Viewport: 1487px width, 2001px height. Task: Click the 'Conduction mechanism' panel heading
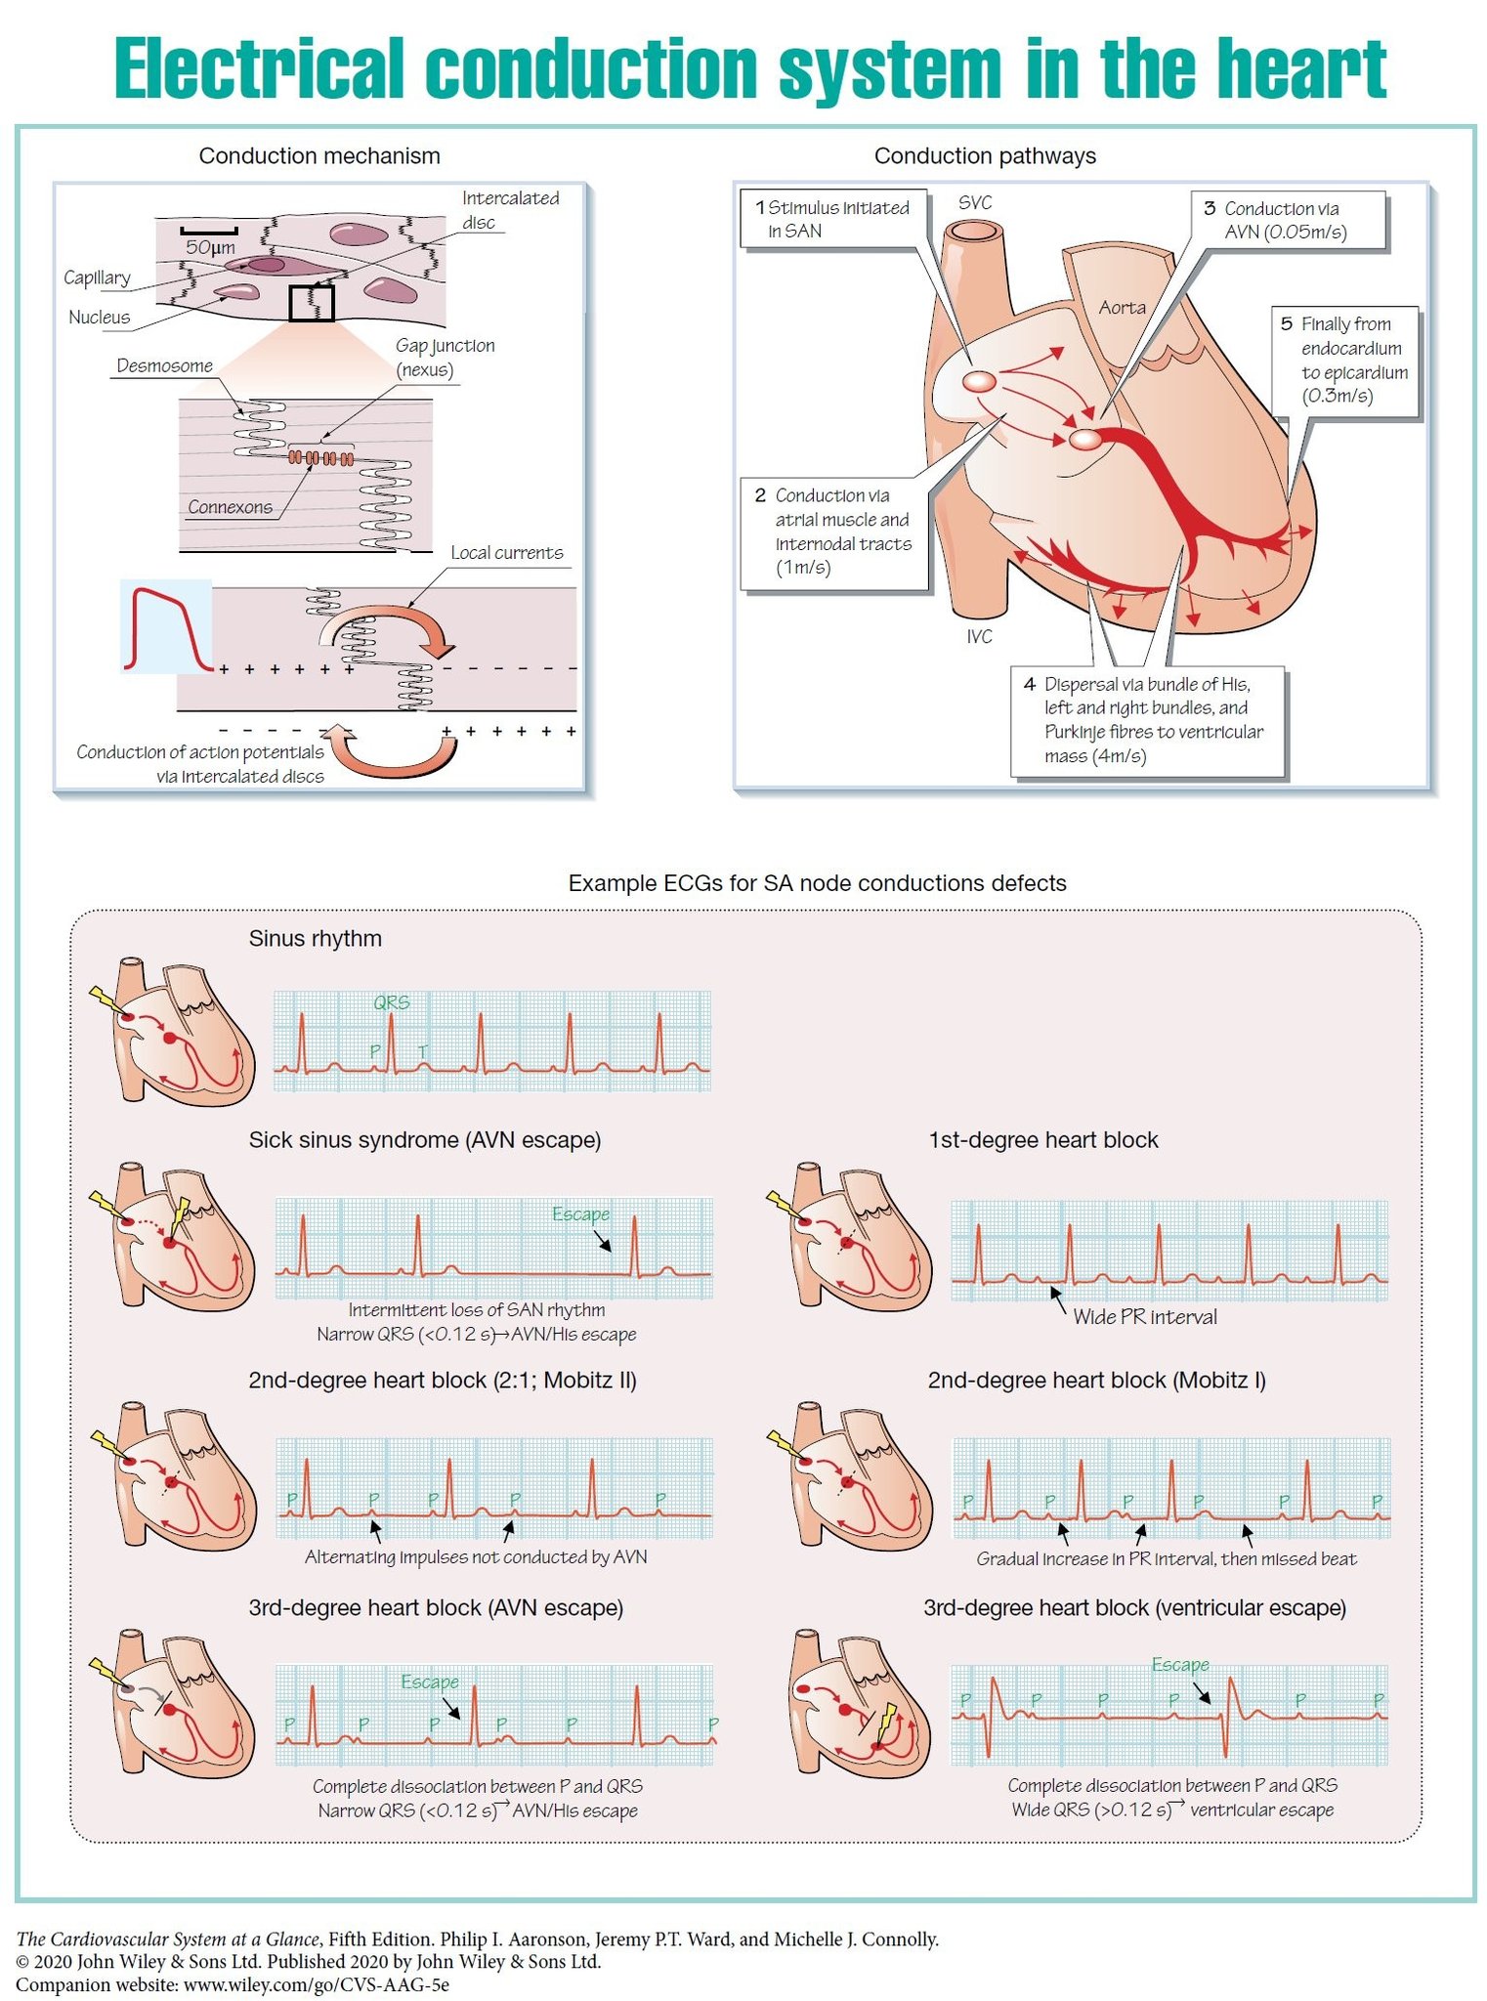(x=319, y=156)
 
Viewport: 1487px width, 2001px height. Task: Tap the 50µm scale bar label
(x=210, y=248)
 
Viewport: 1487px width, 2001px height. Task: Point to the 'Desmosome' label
(x=164, y=365)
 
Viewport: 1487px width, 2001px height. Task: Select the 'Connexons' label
(x=230, y=507)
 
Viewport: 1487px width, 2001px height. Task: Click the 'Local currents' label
(x=507, y=553)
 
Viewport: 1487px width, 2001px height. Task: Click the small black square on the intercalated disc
(x=312, y=303)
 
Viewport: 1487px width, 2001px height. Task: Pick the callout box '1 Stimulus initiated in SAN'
(x=833, y=219)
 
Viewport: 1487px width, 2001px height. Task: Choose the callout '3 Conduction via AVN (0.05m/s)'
(x=1288, y=220)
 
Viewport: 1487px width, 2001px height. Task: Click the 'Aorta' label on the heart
(x=1122, y=308)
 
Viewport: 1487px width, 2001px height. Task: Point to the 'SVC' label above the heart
(x=974, y=202)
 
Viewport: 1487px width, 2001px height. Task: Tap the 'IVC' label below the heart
(x=979, y=637)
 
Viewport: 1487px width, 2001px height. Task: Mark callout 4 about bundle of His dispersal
(x=1148, y=720)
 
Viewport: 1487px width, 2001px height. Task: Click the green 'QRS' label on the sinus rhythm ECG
(x=392, y=1002)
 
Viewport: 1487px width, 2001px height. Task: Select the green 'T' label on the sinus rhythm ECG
(x=423, y=1051)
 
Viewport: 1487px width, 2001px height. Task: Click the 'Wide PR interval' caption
(x=1145, y=1317)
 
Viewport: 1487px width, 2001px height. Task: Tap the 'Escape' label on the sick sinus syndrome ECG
(x=581, y=1214)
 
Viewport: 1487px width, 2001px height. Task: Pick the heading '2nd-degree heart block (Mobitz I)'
(x=1096, y=1381)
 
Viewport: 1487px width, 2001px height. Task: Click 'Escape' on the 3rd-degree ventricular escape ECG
(x=1180, y=1665)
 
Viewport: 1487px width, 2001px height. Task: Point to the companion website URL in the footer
(x=317, y=1984)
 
